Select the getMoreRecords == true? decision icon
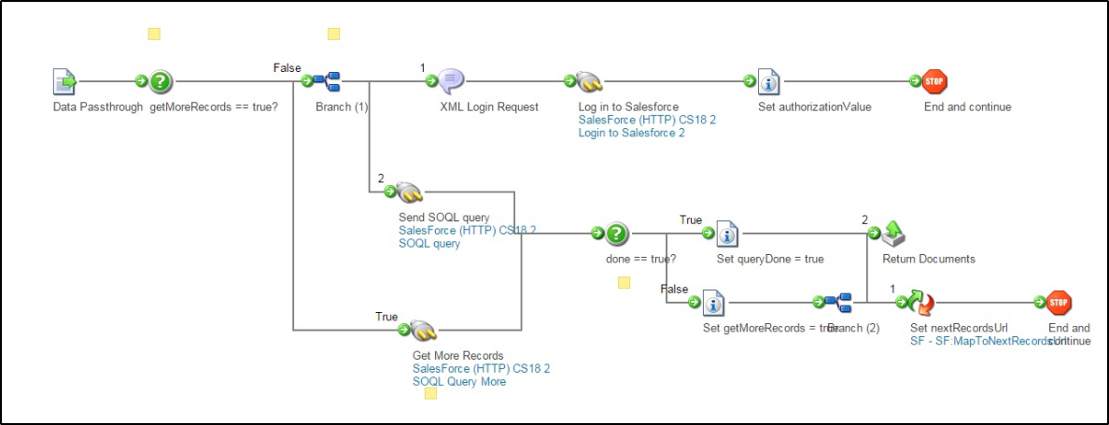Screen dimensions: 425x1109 click(x=161, y=81)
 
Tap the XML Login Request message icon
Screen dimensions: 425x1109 click(x=451, y=81)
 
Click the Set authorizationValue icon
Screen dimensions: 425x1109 click(x=768, y=81)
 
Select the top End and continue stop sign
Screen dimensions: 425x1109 click(x=934, y=81)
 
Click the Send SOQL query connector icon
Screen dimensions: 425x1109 click(x=408, y=192)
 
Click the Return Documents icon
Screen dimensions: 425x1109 click(x=893, y=233)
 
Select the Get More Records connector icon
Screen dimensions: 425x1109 click(x=422, y=330)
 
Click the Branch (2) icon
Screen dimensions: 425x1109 click(x=837, y=302)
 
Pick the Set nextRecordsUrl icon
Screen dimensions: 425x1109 click(x=921, y=302)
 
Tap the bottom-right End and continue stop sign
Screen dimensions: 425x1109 click(x=1059, y=302)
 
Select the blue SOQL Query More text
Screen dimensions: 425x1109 click(x=459, y=381)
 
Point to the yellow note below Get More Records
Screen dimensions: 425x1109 click(x=430, y=393)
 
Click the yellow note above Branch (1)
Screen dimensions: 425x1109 click(x=333, y=35)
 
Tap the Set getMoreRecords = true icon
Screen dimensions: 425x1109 click(x=713, y=302)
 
